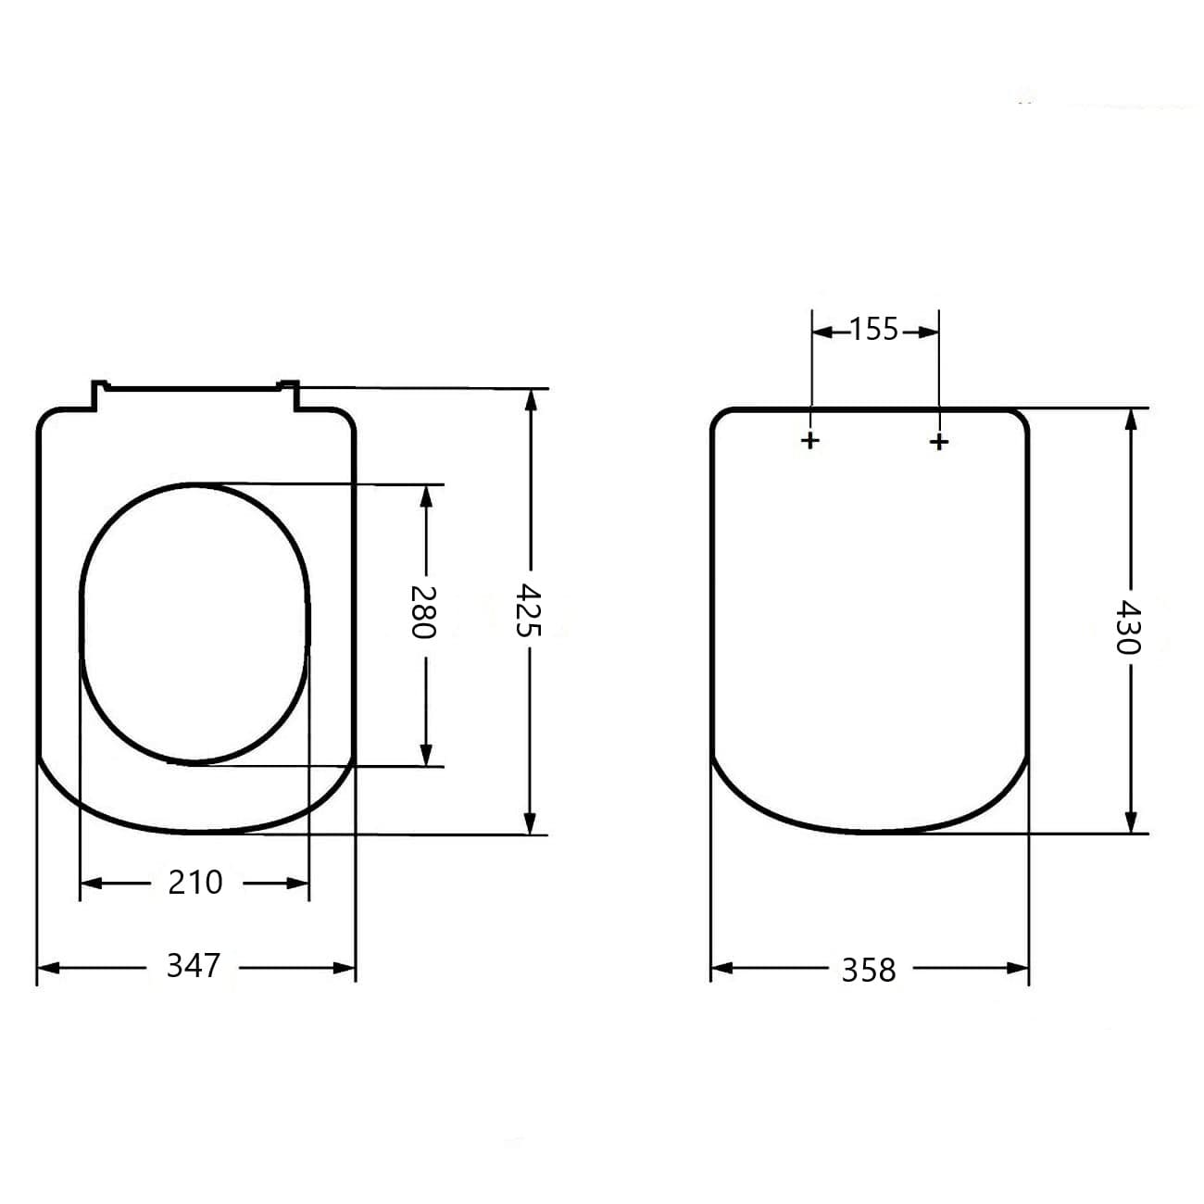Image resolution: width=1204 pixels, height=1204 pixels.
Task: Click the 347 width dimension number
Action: [194, 966]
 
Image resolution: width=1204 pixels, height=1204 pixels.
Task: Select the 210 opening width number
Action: [195, 883]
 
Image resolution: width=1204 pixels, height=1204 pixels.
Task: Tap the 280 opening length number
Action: [422, 612]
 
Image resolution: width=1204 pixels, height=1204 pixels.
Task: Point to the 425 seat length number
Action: [528, 610]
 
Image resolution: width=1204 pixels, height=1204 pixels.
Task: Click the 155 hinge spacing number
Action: [874, 330]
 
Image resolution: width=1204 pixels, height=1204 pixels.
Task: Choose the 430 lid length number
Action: [1129, 627]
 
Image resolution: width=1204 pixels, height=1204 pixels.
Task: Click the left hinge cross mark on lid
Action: [810, 441]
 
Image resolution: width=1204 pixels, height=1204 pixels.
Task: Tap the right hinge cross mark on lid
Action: [939, 443]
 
